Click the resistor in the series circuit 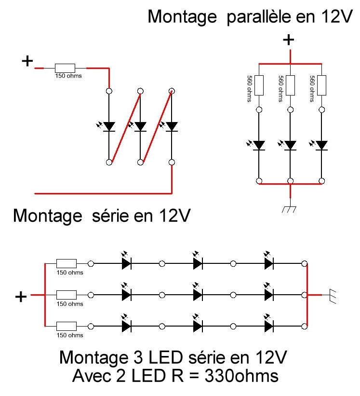(65, 68)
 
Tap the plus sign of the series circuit (27, 61)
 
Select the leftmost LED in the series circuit (109, 126)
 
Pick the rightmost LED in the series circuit (172, 126)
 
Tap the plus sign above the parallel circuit (289, 40)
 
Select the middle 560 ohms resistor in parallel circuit (290, 85)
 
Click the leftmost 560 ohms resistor (259, 85)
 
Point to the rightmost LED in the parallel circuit (321, 145)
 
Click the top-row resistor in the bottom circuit (67, 263)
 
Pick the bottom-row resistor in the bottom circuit (67, 326)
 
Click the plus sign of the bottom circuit (21, 297)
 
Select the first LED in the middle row (126, 295)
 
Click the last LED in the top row (268, 263)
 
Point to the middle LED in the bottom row (197, 326)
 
